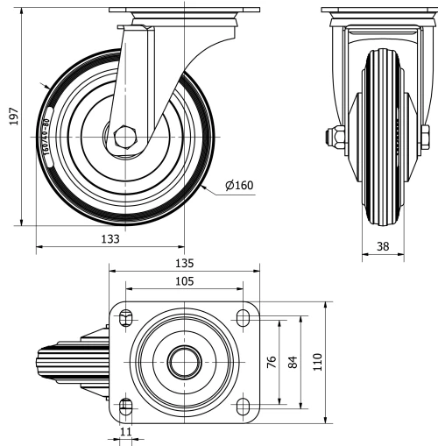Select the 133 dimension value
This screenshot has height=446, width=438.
109,239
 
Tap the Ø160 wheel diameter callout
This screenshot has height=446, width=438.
239,186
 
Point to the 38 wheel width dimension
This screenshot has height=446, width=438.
383,246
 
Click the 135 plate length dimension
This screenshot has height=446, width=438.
183,263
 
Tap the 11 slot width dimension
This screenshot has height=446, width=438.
125,433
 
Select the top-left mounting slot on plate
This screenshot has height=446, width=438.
125,317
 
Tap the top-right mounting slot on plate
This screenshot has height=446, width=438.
241,317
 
